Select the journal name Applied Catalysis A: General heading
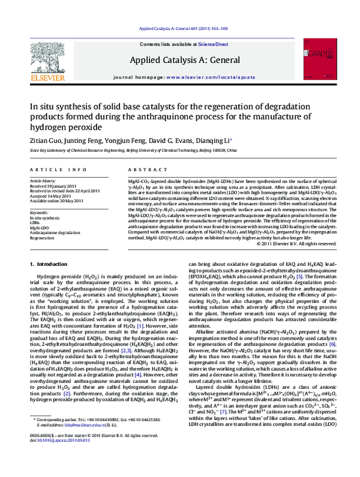[179, 60]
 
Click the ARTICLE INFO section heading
[50, 170]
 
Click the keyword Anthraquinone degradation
[55, 232]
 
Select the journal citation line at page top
[179, 29]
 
